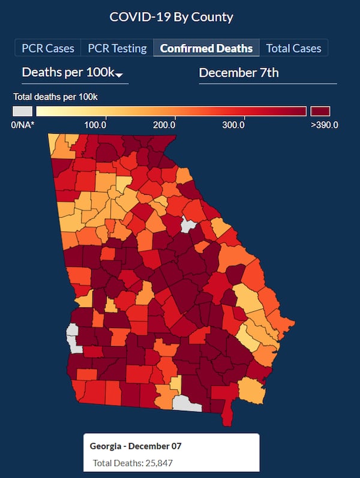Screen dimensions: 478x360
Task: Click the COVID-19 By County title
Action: [x=172, y=16]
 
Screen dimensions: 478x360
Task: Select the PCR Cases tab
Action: [x=48, y=49]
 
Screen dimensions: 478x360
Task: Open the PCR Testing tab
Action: [x=118, y=49]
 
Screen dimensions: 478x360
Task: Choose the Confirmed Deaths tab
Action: [x=206, y=49]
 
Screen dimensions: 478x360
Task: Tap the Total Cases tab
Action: [x=293, y=49]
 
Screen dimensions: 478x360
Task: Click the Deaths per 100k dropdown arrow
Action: [x=119, y=75]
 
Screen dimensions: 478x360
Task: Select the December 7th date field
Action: [x=239, y=73]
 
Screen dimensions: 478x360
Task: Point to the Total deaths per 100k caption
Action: [x=55, y=96]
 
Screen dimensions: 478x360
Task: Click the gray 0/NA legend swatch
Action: [x=23, y=111]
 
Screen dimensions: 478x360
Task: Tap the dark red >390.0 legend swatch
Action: [x=320, y=111]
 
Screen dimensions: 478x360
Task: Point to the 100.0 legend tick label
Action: [x=95, y=125]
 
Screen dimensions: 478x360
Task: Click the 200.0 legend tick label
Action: [x=164, y=125]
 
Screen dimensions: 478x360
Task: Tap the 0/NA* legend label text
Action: [x=22, y=125]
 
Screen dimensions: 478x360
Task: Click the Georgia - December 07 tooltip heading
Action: [x=136, y=446]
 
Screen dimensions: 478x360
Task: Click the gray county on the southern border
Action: [x=187, y=404]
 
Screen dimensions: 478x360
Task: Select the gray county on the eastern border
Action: [x=188, y=226]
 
